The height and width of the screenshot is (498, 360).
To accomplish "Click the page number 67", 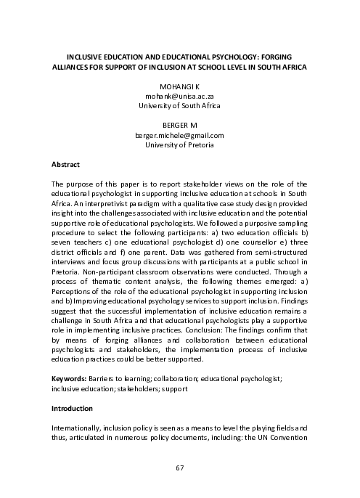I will click(179, 468).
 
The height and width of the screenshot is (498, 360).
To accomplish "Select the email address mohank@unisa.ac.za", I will click(179, 95).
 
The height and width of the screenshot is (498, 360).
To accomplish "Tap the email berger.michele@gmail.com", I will click(179, 135).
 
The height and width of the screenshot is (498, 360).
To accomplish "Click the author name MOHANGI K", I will click(179, 86).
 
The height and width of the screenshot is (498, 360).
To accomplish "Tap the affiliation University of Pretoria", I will click(179, 145).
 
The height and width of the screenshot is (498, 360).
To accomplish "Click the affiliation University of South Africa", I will click(179, 105).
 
